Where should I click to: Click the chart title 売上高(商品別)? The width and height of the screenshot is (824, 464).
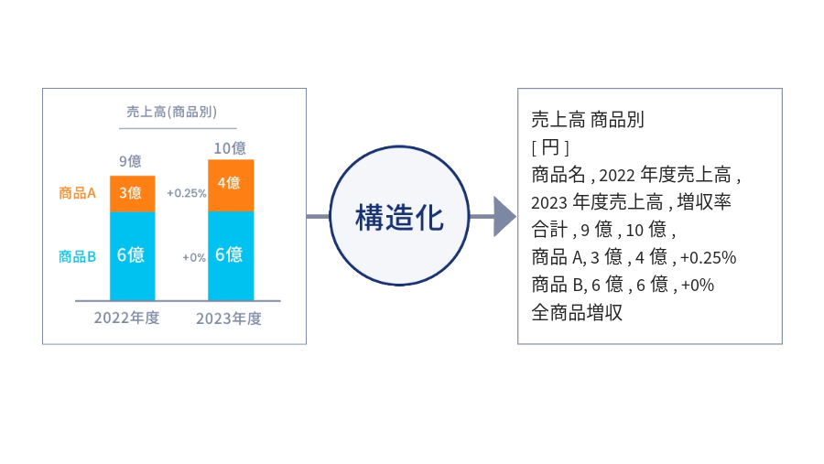coord(171,112)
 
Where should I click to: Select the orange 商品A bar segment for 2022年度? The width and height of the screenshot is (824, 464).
coord(132,193)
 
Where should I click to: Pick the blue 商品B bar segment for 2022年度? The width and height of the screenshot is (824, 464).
coord(132,255)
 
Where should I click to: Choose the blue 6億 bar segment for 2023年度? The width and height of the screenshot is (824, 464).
coord(230,255)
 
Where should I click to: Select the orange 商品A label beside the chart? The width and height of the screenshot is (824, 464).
coord(77,193)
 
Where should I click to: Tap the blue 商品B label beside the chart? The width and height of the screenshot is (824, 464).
coord(77,256)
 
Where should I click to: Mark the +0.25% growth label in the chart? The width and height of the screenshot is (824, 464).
coord(186,193)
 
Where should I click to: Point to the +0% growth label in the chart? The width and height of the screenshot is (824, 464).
coord(194,257)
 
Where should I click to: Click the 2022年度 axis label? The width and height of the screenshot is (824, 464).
coord(126,318)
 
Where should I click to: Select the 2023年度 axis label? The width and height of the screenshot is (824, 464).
coord(229,318)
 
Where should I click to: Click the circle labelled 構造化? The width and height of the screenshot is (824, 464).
coord(399,217)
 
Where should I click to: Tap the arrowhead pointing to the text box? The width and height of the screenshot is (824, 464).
coord(504,217)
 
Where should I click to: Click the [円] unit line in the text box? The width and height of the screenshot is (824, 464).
coord(550,147)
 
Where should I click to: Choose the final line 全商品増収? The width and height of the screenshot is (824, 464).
coord(577,312)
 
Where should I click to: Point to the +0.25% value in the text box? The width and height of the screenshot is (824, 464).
coord(709,257)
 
